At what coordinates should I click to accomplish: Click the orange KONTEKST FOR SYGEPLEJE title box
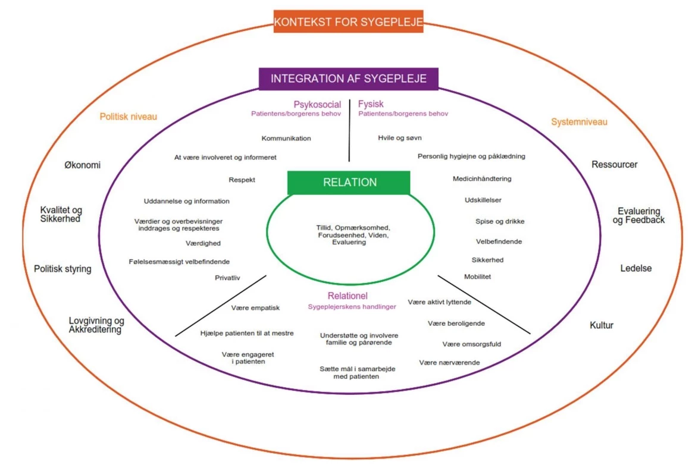tap(348, 22)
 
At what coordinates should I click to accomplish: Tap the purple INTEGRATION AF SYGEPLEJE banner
tap(348, 78)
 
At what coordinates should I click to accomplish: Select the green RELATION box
tap(349, 183)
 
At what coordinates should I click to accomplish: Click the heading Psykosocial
tap(317, 105)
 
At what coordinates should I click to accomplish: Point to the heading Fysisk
tap(371, 105)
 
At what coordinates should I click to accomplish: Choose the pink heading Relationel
tap(348, 296)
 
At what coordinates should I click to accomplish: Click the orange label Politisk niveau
tap(128, 117)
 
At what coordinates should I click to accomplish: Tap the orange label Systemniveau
tap(579, 122)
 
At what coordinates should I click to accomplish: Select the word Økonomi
tap(82, 165)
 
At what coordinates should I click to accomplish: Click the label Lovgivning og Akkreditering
tap(96, 325)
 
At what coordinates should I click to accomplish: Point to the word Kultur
tap(602, 325)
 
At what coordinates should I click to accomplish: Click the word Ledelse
tap(636, 268)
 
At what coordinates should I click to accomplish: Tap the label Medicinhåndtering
tap(482, 178)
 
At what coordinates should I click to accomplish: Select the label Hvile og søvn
tap(400, 138)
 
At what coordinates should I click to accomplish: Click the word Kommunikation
tap(286, 139)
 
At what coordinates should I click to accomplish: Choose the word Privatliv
tap(227, 278)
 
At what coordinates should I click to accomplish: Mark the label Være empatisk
tap(255, 308)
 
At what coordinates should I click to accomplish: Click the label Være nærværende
tap(449, 363)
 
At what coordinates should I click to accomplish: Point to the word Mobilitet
tap(477, 277)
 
